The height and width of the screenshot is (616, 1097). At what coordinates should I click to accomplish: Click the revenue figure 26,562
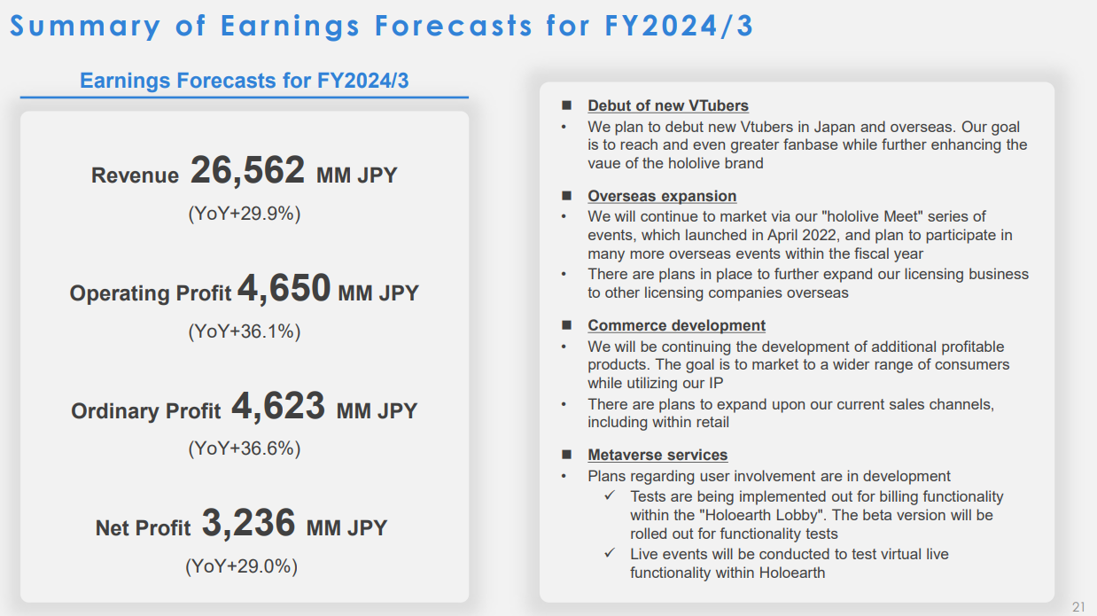[x=247, y=170]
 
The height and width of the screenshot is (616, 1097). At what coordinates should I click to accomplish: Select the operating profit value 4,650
[x=284, y=288]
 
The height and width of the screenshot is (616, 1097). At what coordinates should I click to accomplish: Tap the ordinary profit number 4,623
[x=277, y=406]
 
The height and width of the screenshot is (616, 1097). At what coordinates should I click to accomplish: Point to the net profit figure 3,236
[x=248, y=523]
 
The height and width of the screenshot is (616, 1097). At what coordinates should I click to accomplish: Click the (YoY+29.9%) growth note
[x=245, y=214]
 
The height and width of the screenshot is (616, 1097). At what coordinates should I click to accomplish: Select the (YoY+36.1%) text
[x=245, y=331]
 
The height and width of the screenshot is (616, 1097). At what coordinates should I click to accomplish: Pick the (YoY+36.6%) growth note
[x=245, y=448]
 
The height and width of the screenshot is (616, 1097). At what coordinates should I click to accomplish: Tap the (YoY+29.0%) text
[x=241, y=566]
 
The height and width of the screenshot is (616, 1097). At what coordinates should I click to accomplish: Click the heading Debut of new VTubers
[x=668, y=105]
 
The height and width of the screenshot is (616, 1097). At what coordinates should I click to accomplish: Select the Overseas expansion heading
[x=662, y=196]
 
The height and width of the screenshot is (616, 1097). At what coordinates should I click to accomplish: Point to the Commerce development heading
[x=676, y=325]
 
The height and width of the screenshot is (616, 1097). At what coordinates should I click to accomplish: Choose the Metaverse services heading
[x=657, y=455]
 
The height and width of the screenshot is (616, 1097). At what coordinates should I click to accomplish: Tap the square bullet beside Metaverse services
[x=566, y=455]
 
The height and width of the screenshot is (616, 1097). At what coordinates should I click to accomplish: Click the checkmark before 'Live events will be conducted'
[x=610, y=553]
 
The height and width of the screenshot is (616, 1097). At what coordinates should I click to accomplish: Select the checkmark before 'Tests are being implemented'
[x=610, y=495]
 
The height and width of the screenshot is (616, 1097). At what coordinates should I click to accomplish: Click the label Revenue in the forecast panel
[x=136, y=175]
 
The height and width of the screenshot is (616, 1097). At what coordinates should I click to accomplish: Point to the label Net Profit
[x=143, y=528]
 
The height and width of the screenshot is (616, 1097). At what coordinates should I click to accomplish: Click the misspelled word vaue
[x=604, y=164]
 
